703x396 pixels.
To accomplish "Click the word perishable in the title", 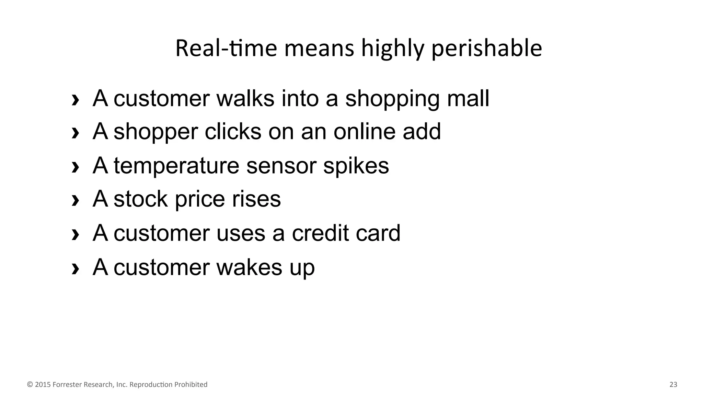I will [486, 48].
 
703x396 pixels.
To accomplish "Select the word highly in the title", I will [393, 48].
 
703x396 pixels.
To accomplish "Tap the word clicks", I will [233, 131].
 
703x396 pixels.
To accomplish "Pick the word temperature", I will [176, 166].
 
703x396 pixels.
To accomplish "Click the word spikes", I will [356, 166].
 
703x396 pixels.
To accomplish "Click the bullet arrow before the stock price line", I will [75, 200].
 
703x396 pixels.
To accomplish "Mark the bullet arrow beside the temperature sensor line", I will [75, 167].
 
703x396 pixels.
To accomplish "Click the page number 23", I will [673, 385].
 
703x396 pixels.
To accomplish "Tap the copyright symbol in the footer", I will [30, 385].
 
